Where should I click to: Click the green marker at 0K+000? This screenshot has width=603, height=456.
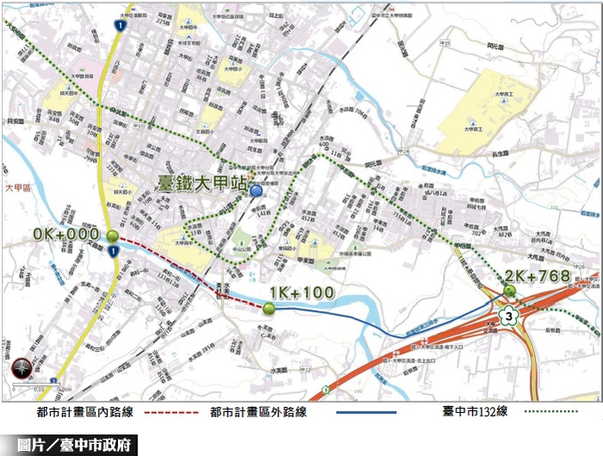113,236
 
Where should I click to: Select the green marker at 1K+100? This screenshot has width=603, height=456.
270,309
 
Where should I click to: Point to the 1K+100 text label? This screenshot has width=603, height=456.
301,293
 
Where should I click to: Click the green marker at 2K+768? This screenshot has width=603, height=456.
510,290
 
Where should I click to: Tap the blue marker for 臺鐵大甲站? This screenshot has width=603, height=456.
256,191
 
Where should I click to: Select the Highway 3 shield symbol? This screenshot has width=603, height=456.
512,317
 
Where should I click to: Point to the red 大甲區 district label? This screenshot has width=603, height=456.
18,187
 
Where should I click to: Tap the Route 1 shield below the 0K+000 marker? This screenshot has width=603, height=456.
112,251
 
